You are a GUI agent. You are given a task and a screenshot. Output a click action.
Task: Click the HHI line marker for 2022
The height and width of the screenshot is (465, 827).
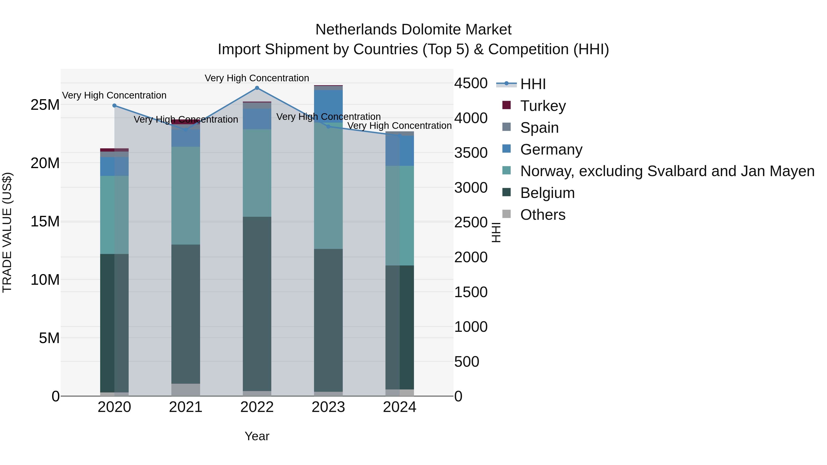point(257,88)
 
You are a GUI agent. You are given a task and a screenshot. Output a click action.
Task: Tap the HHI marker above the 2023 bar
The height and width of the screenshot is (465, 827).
point(328,127)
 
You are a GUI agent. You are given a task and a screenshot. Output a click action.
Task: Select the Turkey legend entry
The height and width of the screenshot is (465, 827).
point(543,106)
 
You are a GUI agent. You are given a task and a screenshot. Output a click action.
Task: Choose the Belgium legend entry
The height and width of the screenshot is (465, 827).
point(547,193)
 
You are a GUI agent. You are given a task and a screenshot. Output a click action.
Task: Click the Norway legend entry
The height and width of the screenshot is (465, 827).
point(667,171)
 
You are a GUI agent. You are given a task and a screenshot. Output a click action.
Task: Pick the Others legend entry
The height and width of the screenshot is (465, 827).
point(543,215)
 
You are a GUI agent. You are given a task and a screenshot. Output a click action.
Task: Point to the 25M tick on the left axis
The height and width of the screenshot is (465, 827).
point(45,105)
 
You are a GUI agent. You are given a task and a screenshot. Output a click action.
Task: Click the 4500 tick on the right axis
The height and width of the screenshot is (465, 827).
point(471,83)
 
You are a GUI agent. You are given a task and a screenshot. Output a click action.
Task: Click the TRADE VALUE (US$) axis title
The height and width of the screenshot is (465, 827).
point(7,233)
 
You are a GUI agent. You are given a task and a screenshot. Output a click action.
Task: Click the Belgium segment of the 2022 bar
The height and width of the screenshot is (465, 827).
point(257,303)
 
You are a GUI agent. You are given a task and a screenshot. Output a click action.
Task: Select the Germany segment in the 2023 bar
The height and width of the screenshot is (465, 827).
point(328,106)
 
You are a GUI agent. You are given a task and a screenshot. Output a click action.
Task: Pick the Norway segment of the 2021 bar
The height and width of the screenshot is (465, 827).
point(186,196)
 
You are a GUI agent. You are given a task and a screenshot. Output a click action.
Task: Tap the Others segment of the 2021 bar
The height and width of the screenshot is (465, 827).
point(186,390)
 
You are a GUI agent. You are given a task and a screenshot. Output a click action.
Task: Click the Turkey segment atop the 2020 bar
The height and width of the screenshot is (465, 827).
point(114,150)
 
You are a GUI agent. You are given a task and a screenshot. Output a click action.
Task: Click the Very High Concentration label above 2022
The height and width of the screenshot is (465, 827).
point(257,78)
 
